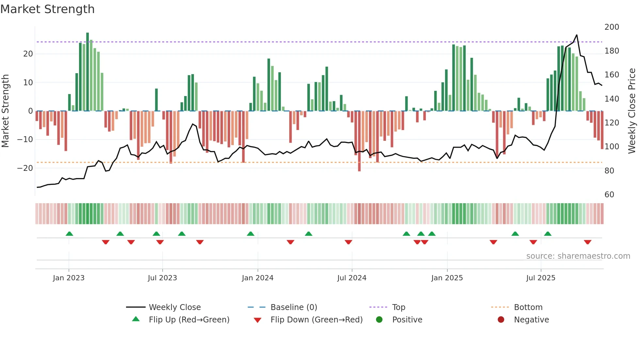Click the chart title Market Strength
[x=47, y=9]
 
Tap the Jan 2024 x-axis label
[x=257, y=278]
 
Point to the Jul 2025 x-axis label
[x=540, y=278]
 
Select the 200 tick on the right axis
[x=612, y=27]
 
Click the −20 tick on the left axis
[x=25, y=168]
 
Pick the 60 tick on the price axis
[x=609, y=195]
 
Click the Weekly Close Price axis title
[x=632, y=111]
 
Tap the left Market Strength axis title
[x=6, y=111]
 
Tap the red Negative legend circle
[x=501, y=320]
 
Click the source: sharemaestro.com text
[x=578, y=256]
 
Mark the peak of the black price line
[x=577, y=35]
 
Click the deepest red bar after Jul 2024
[x=359, y=140]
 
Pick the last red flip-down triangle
[x=587, y=242]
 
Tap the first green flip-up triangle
[x=69, y=234]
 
